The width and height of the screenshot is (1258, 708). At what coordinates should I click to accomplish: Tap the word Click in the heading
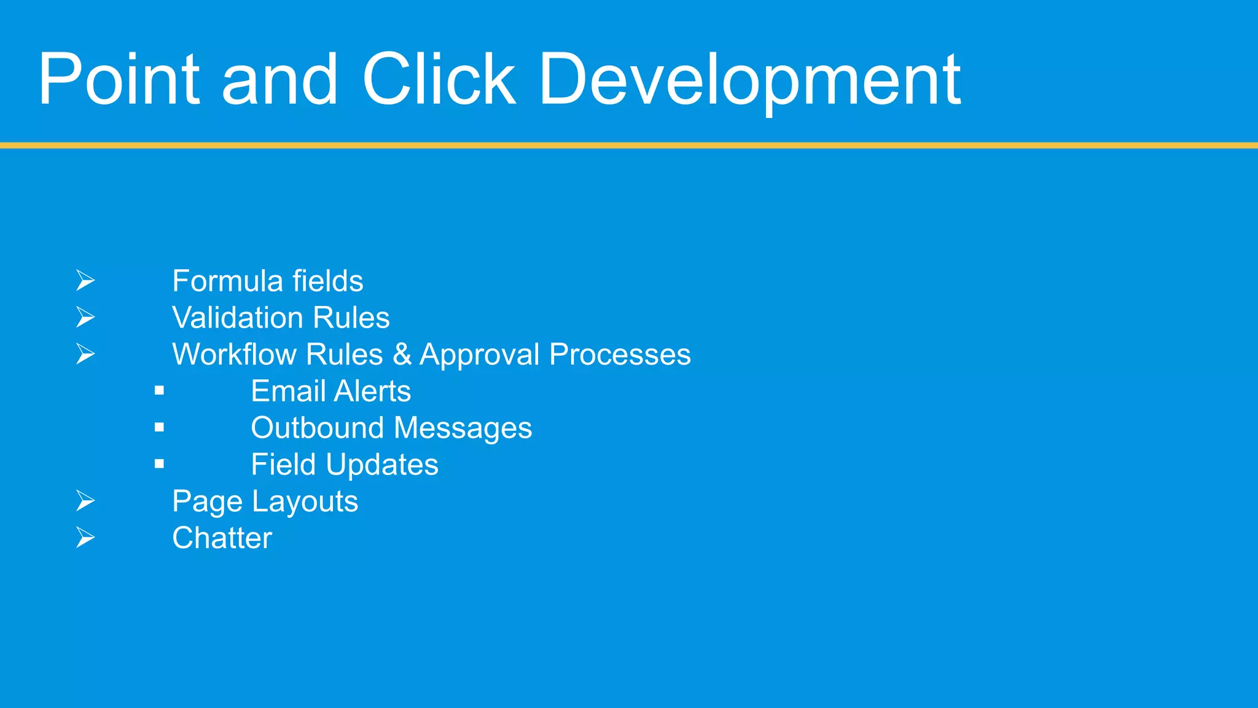tap(439, 80)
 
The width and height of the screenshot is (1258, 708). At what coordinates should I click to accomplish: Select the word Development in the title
tap(749, 80)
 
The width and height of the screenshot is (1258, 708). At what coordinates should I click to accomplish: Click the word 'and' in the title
tap(279, 80)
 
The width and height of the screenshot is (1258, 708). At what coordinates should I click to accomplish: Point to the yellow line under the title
tap(629, 146)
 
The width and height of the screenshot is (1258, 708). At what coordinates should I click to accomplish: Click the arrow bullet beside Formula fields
tap(85, 281)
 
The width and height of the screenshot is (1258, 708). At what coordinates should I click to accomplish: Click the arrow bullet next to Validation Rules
tap(85, 318)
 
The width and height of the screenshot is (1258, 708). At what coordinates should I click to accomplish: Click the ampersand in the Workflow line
tap(402, 355)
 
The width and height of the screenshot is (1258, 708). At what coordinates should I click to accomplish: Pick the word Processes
tap(620, 355)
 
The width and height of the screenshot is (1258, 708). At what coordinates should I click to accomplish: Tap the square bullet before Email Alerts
tap(160, 390)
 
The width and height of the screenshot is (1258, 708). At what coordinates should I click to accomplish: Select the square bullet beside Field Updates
tap(160, 464)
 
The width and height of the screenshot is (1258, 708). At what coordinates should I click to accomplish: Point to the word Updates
tap(382, 465)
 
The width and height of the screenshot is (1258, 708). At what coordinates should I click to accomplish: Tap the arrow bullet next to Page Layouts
tap(85, 502)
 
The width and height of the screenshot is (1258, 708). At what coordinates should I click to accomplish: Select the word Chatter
tap(222, 538)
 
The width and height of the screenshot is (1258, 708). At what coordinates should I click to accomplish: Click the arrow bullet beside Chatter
tap(85, 538)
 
